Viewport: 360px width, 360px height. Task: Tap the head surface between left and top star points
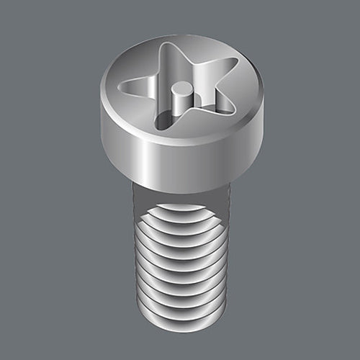[x=140, y=65]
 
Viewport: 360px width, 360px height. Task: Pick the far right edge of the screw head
[x=263, y=115]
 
